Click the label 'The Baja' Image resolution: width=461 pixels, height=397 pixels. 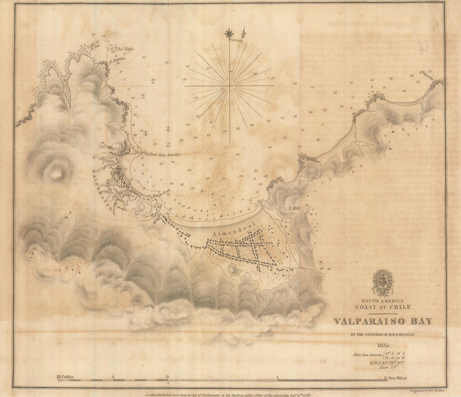pyautogui.click(x=124, y=49)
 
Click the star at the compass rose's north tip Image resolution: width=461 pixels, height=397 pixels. pyautogui.click(x=229, y=33)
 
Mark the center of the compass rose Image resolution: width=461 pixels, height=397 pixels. pyautogui.click(x=229, y=85)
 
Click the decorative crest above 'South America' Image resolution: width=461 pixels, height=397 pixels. pyautogui.click(x=383, y=283)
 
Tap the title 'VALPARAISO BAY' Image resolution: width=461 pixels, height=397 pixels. pyautogui.click(x=383, y=321)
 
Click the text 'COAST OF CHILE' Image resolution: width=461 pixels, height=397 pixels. pyautogui.click(x=383, y=307)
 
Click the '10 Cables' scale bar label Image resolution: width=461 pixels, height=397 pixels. pyautogui.click(x=65, y=377)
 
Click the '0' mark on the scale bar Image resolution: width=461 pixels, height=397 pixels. pyautogui.click(x=167, y=377)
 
